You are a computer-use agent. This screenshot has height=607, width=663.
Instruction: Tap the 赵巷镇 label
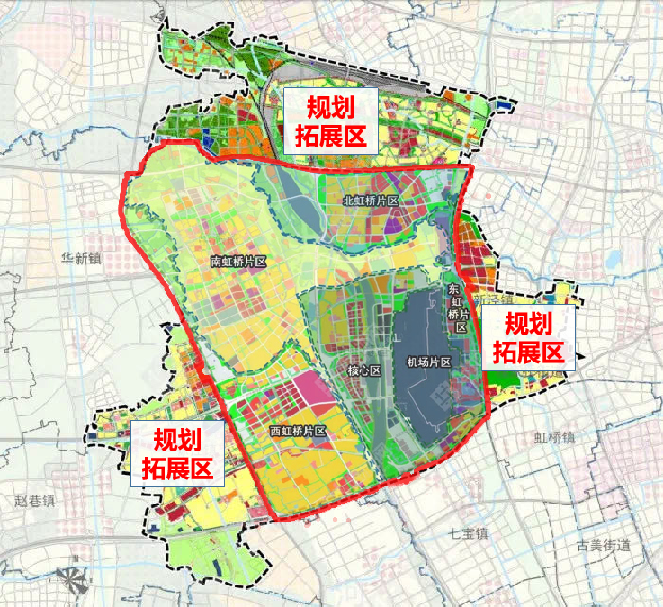coord(33,499)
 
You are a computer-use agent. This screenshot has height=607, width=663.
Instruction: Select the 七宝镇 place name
coord(470,533)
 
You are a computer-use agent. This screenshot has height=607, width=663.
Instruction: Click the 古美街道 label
coord(604,544)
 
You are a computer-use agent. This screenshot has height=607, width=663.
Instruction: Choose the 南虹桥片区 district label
coord(239,262)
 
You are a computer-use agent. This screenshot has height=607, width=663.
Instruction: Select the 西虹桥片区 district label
coord(298,432)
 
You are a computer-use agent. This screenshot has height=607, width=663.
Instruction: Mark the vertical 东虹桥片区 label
coord(460,308)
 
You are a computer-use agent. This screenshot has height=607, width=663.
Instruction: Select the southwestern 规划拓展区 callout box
coord(177,454)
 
